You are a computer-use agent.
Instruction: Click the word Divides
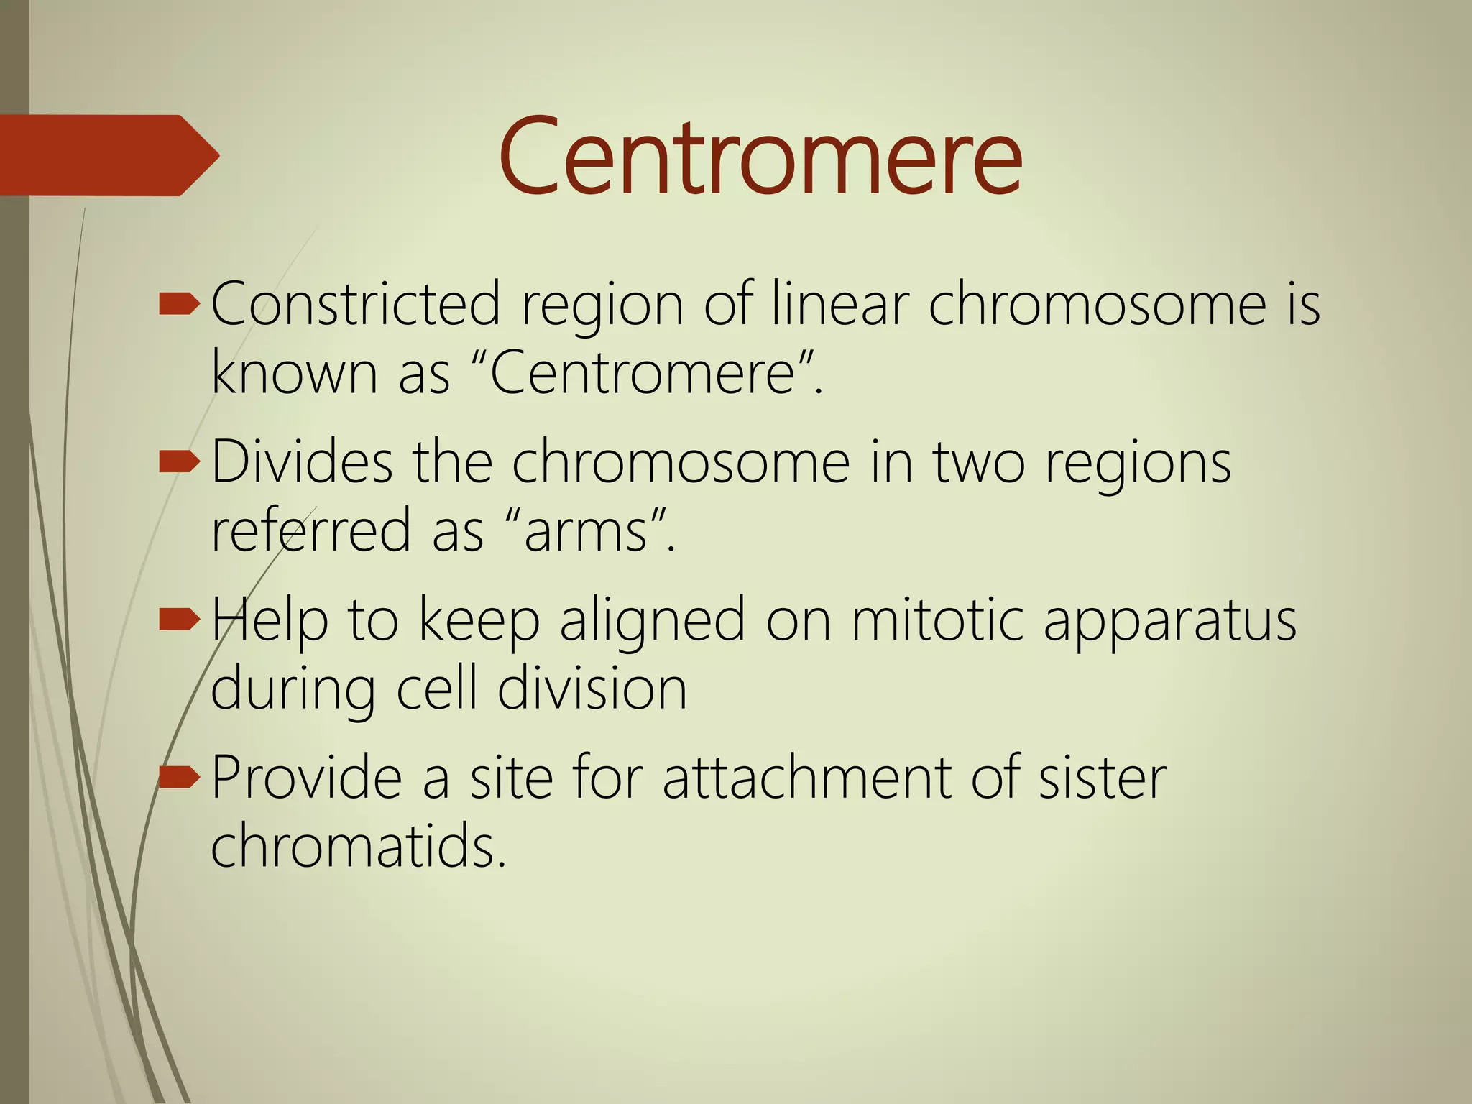click(302, 461)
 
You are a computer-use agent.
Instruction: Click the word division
click(592, 689)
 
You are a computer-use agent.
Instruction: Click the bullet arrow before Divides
click(178, 463)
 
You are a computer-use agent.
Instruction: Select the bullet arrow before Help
click(178, 620)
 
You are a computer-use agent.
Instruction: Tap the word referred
click(310, 530)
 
